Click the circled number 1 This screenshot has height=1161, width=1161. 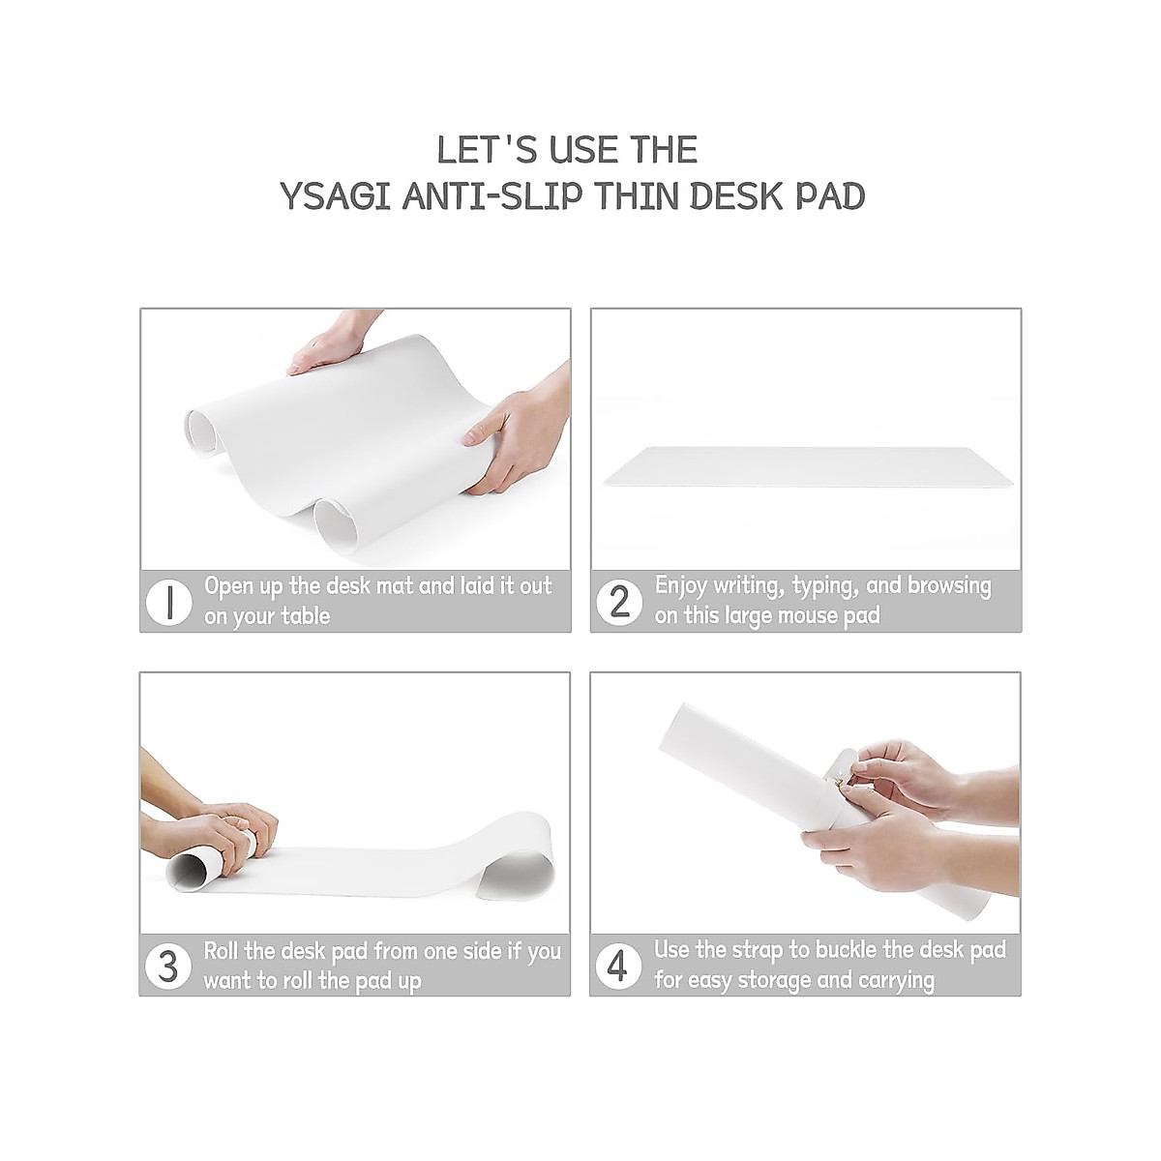click(x=167, y=602)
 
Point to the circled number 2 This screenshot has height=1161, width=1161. click(x=618, y=602)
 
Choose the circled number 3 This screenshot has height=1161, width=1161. click(x=167, y=967)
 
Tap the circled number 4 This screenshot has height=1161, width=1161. click(x=618, y=967)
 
